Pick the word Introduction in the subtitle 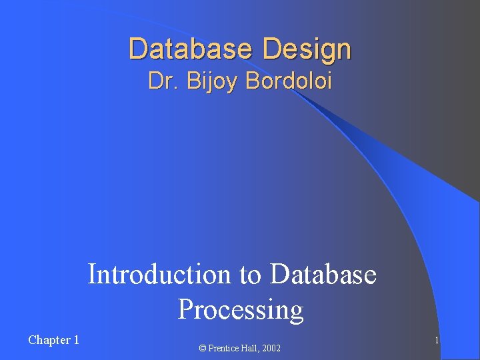coord(159,274)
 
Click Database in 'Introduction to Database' coord(323,274)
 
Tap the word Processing coord(240,310)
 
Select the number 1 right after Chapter coord(76,340)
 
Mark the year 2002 coord(271,349)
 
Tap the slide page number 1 coord(436,341)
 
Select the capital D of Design coord(271,49)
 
